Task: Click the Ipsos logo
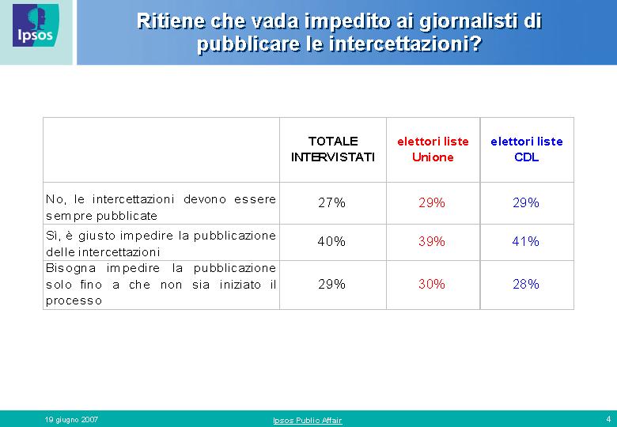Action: [36, 25]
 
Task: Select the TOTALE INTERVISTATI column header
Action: [333, 149]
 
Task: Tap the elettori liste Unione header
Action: [433, 149]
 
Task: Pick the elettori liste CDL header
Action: [527, 149]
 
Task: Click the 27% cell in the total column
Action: [331, 202]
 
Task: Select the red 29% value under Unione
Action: [432, 202]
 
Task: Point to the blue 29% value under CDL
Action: [526, 202]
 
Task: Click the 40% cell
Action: [331, 241]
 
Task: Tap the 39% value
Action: [432, 241]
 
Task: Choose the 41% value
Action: [526, 241]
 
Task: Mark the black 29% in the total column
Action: [331, 284]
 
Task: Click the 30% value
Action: [432, 284]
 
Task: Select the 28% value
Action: [526, 284]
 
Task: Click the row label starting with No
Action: [161, 207]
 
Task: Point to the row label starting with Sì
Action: [161, 244]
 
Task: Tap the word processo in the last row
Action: [74, 300]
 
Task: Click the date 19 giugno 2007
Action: [71, 420]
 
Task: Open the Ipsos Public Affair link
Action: [308, 421]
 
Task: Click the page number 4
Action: [608, 419]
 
